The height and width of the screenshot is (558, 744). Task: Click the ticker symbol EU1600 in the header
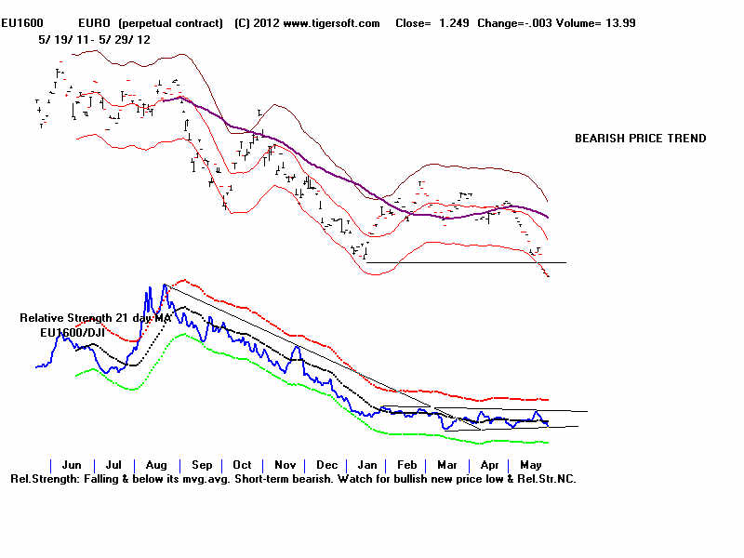tap(20, 22)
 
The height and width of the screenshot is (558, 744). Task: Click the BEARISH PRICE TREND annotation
tap(640, 139)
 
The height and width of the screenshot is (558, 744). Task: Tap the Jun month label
tap(71, 464)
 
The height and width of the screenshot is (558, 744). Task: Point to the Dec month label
tap(326, 464)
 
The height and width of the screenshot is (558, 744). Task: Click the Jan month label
tap(366, 464)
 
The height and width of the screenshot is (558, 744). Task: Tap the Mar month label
tap(446, 464)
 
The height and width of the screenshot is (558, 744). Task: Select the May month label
tap(530, 464)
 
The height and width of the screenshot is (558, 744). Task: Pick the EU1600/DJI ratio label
tap(71, 331)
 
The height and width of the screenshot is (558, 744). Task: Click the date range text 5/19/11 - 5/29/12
tap(94, 40)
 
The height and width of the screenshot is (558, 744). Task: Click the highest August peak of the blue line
tap(165, 286)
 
